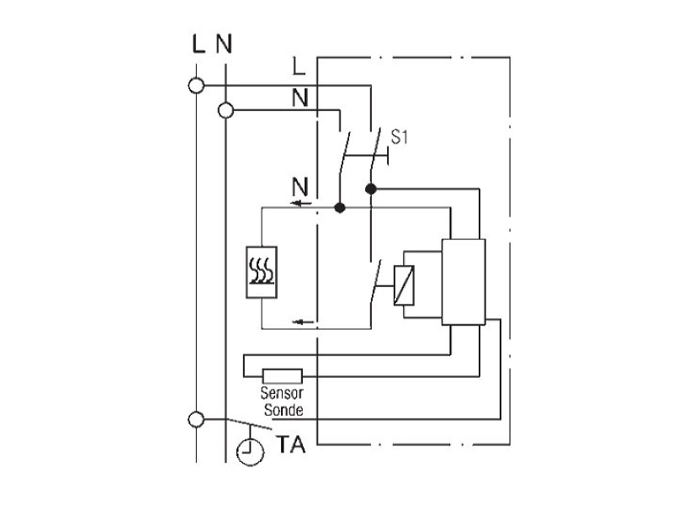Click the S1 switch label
[x=399, y=137]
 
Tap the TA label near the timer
[x=291, y=444]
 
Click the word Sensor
[x=282, y=393]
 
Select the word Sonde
[x=284, y=410]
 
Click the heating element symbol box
[x=262, y=272]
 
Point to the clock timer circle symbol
[x=250, y=452]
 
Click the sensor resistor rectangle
[x=282, y=376]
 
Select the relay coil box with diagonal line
[x=404, y=285]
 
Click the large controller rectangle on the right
[x=464, y=282]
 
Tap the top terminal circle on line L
[x=197, y=86]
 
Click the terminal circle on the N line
[x=225, y=111]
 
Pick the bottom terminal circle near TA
[x=197, y=419]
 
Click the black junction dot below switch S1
[x=371, y=189]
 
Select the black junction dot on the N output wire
[x=340, y=208]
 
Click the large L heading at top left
[x=199, y=44]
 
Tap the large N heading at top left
[x=224, y=44]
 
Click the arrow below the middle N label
[x=301, y=203]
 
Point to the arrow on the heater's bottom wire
[x=303, y=322]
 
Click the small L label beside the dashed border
[x=299, y=66]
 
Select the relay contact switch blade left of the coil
[x=375, y=282]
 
